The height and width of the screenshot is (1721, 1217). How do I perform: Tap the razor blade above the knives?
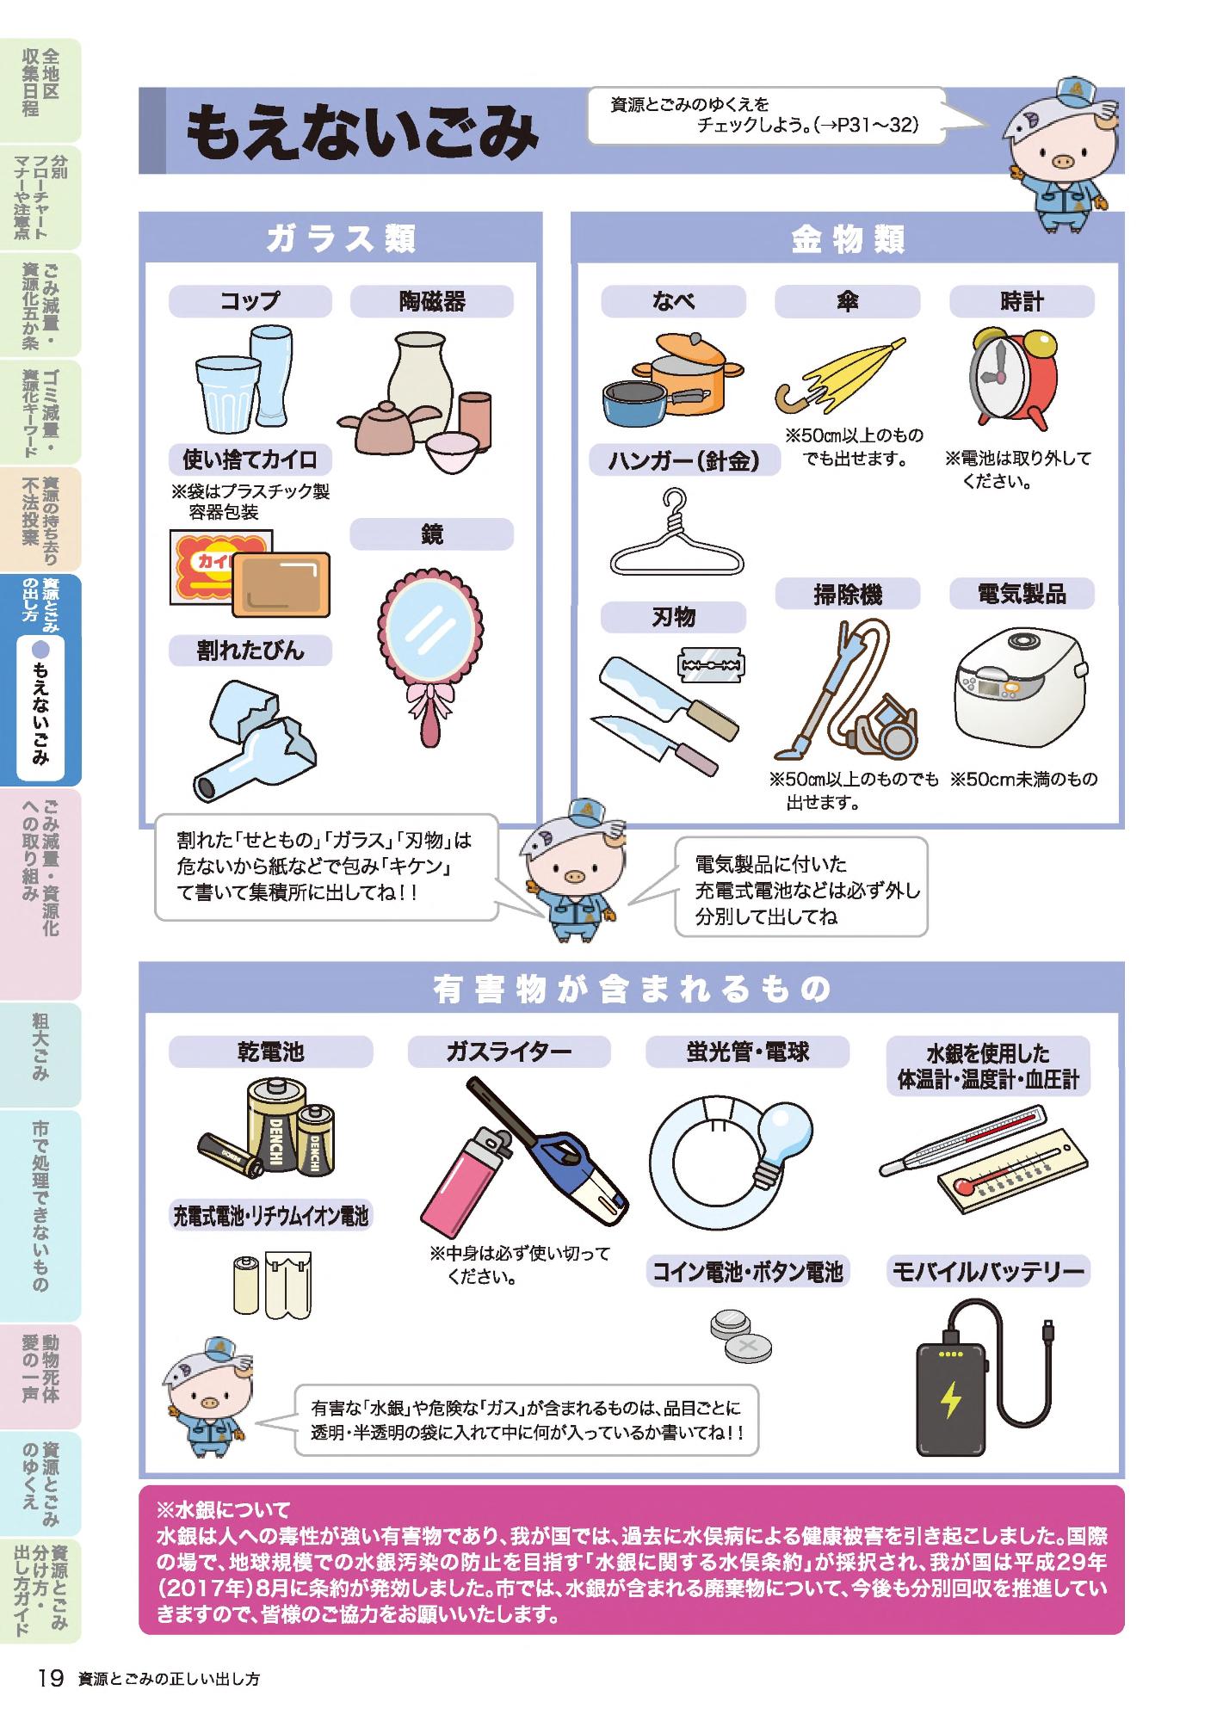711,665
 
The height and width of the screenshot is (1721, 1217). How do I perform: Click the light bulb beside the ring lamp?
782,1140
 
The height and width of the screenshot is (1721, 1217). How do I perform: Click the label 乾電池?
271,1052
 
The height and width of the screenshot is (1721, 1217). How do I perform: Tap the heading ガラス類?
341,238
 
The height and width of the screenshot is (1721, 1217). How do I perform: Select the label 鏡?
431,534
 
